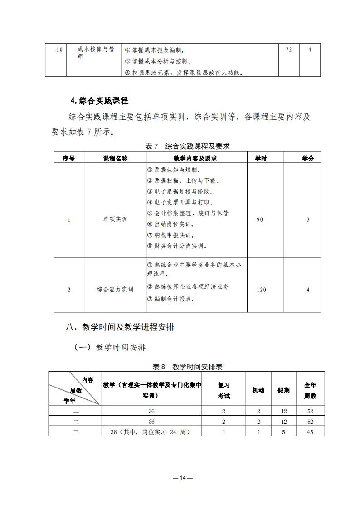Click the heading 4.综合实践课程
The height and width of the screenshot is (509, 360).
[x=99, y=101]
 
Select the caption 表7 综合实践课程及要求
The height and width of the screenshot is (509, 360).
[x=187, y=146]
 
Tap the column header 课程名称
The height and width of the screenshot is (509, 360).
[x=115, y=158]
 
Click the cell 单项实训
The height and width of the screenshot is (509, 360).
[x=115, y=219]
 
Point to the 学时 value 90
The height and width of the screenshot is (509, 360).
[x=260, y=219]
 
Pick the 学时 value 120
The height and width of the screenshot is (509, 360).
[x=261, y=290]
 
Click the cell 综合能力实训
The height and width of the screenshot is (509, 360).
[x=115, y=290]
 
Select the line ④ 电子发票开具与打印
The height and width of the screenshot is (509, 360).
[x=180, y=202]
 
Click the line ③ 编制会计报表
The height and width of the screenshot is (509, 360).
[x=171, y=299]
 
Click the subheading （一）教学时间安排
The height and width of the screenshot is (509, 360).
[x=110, y=348]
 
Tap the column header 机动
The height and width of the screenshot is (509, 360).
[x=258, y=390]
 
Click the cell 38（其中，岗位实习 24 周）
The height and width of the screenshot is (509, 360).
[x=150, y=432]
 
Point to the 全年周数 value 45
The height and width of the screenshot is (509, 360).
[x=310, y=432]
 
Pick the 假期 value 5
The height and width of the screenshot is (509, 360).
[x=283, y=432]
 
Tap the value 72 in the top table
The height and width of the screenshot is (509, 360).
[x=289, y=49]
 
